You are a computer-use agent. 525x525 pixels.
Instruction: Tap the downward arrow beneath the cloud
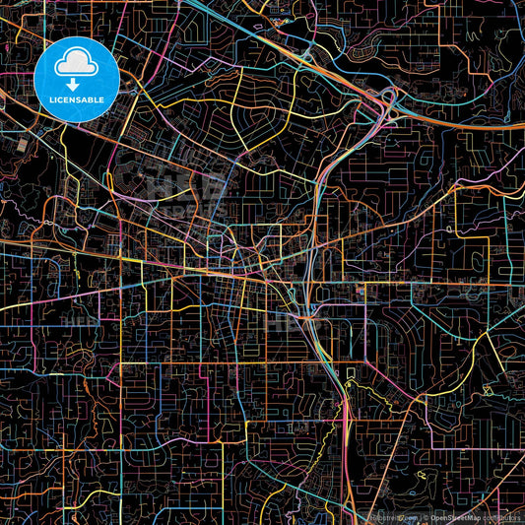(x=76, y=85)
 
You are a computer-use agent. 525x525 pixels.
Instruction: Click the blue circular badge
(x=77, y=79)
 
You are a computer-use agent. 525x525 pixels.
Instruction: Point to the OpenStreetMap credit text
(x=470, y=517)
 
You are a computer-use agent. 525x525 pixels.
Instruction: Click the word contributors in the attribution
(x=508, y=517)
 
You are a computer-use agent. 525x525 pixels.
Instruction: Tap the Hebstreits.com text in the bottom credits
(x=393, y=517)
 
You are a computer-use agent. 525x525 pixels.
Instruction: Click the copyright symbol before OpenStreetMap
(x=426, y=517)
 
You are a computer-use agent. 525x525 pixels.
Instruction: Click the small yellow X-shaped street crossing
(x=487, y=390)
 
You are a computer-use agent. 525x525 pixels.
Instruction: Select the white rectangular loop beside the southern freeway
(x=351, y=372)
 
